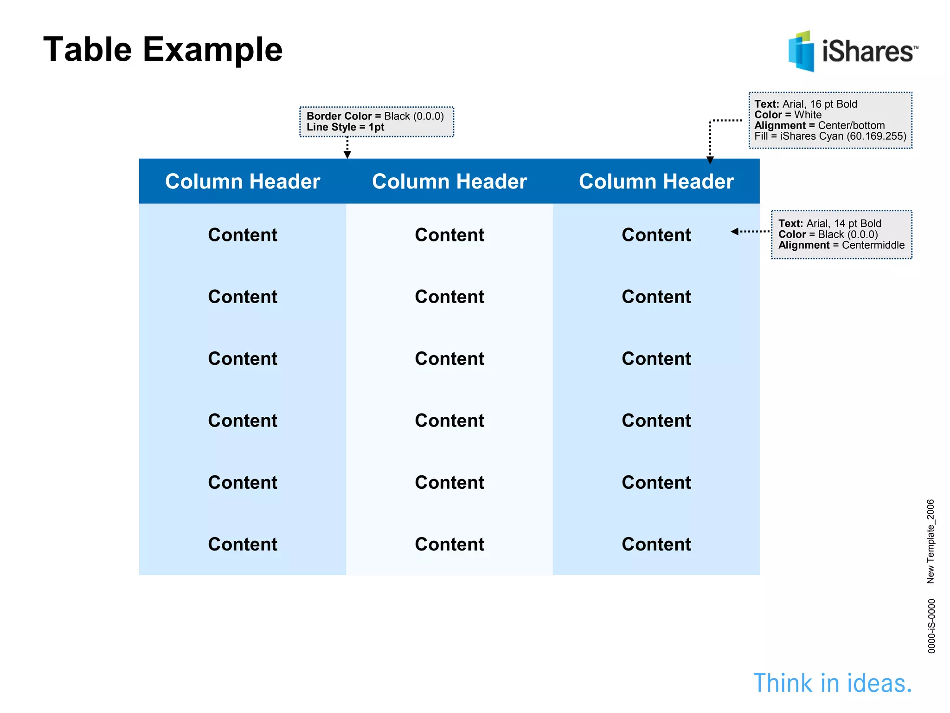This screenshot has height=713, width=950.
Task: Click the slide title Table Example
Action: tap(162, 49)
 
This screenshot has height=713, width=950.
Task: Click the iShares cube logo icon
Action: tap(801, 52)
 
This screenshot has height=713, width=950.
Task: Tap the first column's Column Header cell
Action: tap(243, 181)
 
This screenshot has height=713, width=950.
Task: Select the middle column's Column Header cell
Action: tap(449, 181)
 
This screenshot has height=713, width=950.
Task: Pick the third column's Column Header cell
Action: tap(656, 181)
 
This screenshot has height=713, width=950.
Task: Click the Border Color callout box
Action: tap(376, 122)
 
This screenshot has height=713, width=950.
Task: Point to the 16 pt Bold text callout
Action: tap(830, 120)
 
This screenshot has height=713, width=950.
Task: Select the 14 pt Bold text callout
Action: tap(841, 234)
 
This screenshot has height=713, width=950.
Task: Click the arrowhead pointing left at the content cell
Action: tap(734, 231)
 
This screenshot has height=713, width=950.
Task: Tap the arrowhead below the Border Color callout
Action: tap(347, 155)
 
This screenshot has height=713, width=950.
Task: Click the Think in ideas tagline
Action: tap(833, 683)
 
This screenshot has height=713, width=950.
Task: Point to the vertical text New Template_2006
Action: tap(931, 541)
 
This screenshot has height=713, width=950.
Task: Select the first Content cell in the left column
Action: tap(243, 235)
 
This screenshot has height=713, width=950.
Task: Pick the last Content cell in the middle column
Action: tap(449, 544)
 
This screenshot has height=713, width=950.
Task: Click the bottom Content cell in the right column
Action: tap(656, 544)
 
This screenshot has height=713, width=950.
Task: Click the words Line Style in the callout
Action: tap(331, 127)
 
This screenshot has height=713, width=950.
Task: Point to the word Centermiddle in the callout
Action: tap(873, 245)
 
